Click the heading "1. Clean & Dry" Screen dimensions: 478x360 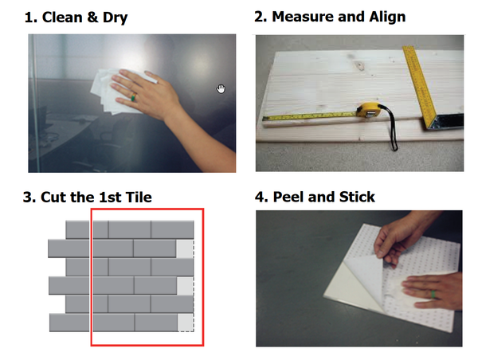click(x=76, y=18)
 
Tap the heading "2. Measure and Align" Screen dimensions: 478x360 click(x=330, y=17)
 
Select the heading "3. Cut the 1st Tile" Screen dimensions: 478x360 click(x=87, y=197)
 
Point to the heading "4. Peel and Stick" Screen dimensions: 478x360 click(x=315, y=197)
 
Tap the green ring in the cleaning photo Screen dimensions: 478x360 click(x=133, y=97)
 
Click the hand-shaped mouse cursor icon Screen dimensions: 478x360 click(x=221, y=88)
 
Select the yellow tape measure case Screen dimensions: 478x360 click(x=369, y=111)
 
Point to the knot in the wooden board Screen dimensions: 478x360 click(x=361, y=65)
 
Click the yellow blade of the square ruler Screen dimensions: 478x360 click(x=420, y=84)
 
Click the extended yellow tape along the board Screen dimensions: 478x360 click(x=310, y=116)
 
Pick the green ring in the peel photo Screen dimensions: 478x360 click(x=433, y=295)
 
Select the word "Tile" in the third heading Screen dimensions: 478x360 click(x=140, y=197)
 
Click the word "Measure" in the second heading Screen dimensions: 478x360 click(x=304, y=17)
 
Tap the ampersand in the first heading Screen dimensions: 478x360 click(x=92, y=17)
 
